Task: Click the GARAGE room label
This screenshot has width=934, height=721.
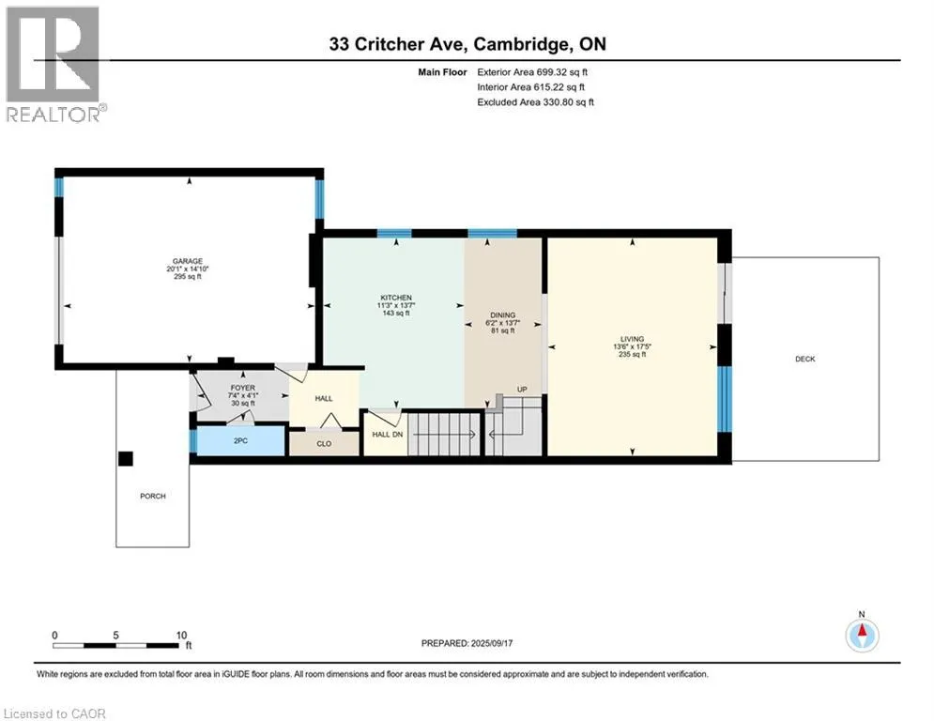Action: pos(188,261)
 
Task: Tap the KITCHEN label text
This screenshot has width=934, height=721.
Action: pos(396,298)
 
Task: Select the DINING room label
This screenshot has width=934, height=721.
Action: pos(503,315)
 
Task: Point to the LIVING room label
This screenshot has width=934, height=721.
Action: pos(632,339)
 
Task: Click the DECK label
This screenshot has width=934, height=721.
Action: pos(804,359)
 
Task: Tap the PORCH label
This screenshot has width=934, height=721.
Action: pos(152,496)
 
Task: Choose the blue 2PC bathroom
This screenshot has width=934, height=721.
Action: pos(240,441)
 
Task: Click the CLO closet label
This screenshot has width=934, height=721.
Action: pos(324,444)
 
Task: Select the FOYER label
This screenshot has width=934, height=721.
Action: pos(243,388)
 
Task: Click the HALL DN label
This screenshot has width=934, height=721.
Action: pos(387,435)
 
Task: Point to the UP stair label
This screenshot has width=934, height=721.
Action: pos(522,390)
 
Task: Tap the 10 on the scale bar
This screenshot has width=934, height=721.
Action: pos(181,636)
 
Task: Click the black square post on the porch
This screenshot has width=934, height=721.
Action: pos(125,459)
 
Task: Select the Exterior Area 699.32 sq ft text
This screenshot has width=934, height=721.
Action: pos(532,72)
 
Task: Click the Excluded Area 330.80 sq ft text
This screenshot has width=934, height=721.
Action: pos(535,102)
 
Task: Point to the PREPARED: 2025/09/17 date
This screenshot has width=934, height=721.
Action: pos(467,643)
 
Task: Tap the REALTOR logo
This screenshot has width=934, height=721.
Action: pos(54,65)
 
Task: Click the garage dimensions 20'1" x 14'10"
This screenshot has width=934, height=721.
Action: pos(188,268)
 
